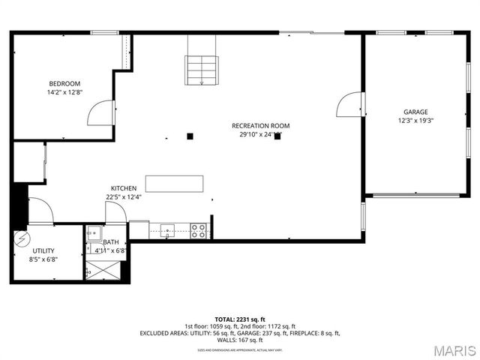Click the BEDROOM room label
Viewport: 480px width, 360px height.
point(64,83)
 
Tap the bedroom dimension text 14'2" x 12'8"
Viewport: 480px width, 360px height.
point(64,92)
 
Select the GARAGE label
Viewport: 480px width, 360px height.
point(415,111)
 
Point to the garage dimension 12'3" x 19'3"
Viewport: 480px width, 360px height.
point(415,120)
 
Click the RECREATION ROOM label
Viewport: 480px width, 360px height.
point(260,126)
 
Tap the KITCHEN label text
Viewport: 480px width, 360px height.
point(124,188)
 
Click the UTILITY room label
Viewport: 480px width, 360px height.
point(43,250)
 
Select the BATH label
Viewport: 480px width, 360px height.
point(111,242)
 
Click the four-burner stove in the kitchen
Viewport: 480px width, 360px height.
point(199,231)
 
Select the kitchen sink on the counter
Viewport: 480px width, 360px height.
point(167,230)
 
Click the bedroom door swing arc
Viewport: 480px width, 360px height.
point(99,113)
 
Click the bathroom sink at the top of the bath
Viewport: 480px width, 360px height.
point(93,232)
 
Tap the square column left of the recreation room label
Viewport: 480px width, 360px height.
point(190,136)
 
